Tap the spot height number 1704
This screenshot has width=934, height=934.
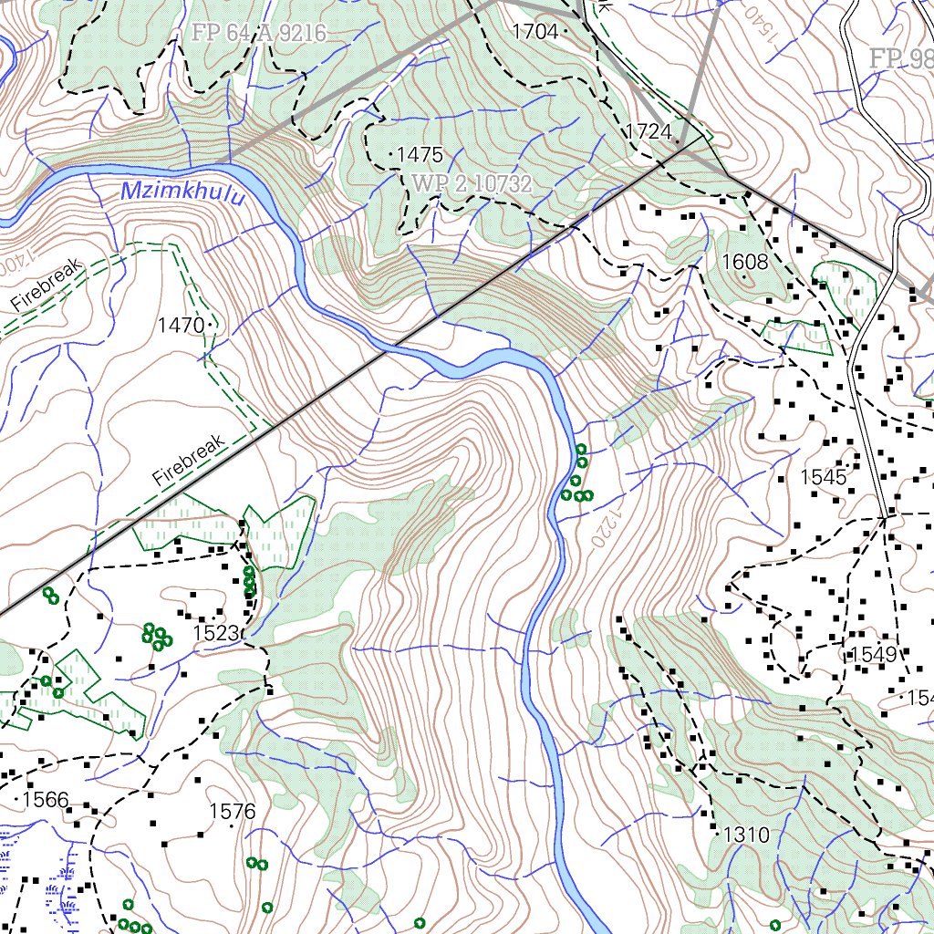click(x=534, y=32)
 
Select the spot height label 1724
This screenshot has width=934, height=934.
click(x=648, y=132)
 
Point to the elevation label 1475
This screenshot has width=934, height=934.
click(x=420, y=155)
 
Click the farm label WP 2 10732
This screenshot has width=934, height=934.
click(x=472, y=183)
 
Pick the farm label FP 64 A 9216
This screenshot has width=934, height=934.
click(x=258, y=34)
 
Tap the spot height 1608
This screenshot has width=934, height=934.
click(x=745, y=263)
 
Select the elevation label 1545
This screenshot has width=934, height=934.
click(x=823, y=477)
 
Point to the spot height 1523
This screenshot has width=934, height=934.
click(x=215, y=633)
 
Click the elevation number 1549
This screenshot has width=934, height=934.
click(x=874, y=654)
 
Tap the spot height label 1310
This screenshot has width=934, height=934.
click(x=746, y=835)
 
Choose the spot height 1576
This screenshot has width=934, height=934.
click(x=232, y=811)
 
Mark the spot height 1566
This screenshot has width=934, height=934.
click(x=46, y=800)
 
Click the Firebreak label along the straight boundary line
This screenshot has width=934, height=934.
click(x=189, y=460)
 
